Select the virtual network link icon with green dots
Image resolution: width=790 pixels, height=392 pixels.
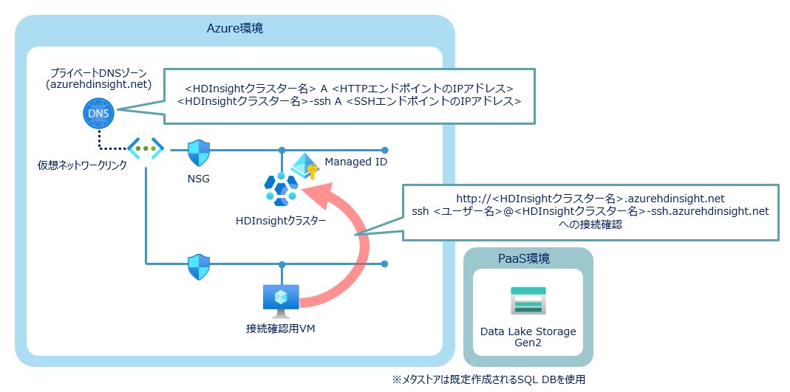[145, 148]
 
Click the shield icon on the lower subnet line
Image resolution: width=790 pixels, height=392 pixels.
[198, 265]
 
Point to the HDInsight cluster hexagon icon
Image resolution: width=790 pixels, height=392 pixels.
[281, 190]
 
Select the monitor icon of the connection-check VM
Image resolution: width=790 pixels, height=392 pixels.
[280, 298]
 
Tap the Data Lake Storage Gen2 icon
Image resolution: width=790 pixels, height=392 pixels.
[528, 301]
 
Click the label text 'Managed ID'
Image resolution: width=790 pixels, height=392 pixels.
[356, 162]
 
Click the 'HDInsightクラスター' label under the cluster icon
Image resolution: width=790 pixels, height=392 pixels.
[280, 220]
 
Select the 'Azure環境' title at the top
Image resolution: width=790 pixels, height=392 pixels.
[234, 29]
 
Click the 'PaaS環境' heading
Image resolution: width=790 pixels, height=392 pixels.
[528, 260]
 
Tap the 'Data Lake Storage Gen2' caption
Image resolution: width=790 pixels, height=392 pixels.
[528, 337]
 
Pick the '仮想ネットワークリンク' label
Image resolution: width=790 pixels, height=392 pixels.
[82, 165]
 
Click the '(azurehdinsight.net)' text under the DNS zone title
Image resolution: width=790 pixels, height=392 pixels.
[98, 85]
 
